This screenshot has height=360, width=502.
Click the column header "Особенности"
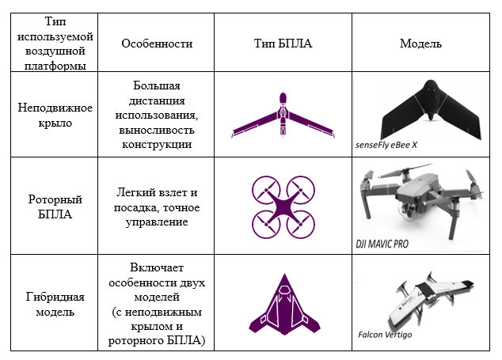(157, 44)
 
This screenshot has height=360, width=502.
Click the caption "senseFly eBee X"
(391, 146)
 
